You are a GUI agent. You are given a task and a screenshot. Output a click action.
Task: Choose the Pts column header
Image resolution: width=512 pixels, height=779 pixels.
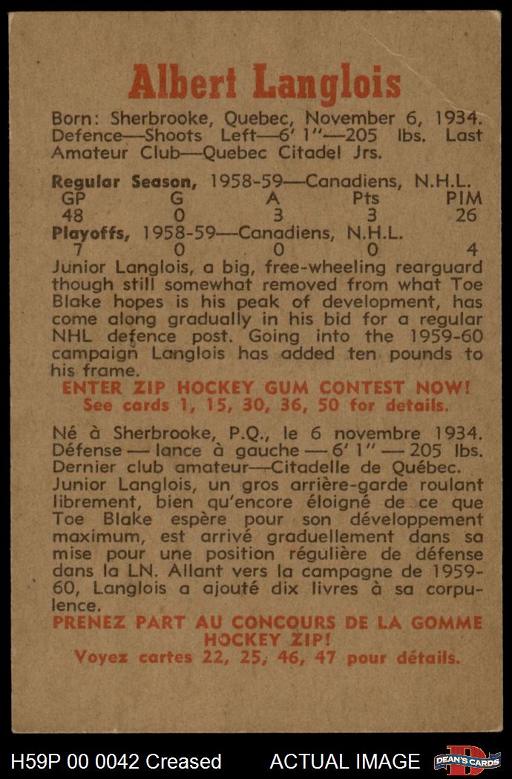tap(366, 199)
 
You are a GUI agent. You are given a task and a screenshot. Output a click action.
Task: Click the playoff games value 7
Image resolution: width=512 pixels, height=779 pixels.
tap(68, 250)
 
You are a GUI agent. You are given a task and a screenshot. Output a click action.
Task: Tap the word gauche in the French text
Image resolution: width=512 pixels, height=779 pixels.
tap(242, 450)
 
